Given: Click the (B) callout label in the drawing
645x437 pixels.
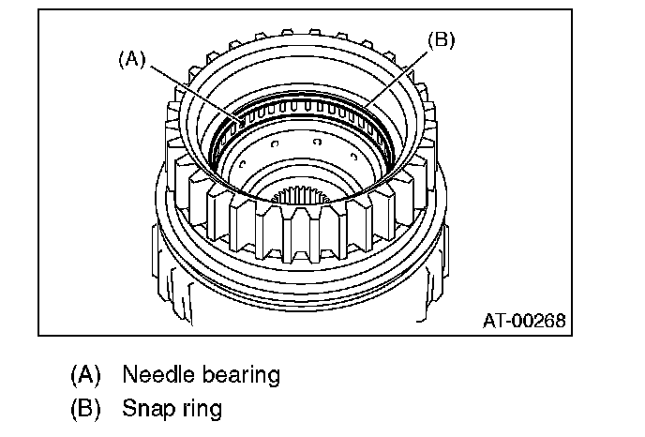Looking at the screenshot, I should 442,40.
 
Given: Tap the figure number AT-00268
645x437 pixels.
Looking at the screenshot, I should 525,320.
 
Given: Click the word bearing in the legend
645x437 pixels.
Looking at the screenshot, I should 238,376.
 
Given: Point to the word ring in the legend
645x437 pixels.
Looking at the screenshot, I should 201,410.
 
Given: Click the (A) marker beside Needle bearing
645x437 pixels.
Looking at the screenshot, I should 85,376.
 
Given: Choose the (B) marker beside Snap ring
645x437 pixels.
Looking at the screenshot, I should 85,409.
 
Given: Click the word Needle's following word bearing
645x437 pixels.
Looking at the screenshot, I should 238,376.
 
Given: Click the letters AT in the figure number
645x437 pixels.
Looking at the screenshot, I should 493,320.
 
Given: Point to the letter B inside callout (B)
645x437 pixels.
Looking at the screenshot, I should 442,40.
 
